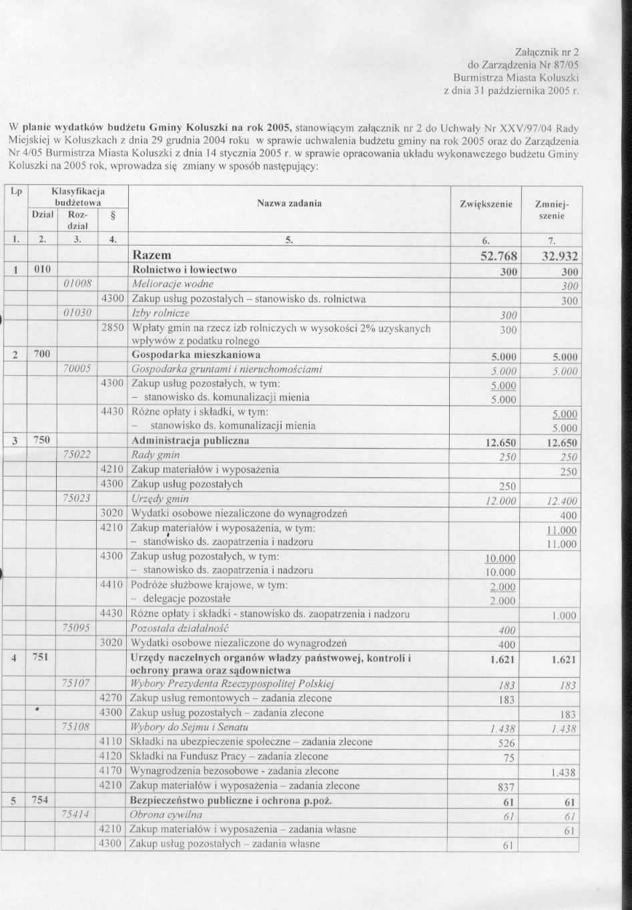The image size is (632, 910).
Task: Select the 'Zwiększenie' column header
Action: pos(486,203)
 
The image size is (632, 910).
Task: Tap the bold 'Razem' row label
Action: pos(152,256)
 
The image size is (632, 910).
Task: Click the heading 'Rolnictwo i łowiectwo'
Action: pos(184,270)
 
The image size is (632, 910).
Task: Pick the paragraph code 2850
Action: pos(111,328)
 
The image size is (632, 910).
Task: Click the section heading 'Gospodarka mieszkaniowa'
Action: pos(196,354)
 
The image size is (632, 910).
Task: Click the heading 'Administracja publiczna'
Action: pos(190,441)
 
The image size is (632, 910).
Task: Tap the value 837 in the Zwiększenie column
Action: pos(507,786)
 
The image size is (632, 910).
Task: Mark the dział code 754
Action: pos(41,800)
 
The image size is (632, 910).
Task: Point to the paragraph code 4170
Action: pos(111,771)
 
